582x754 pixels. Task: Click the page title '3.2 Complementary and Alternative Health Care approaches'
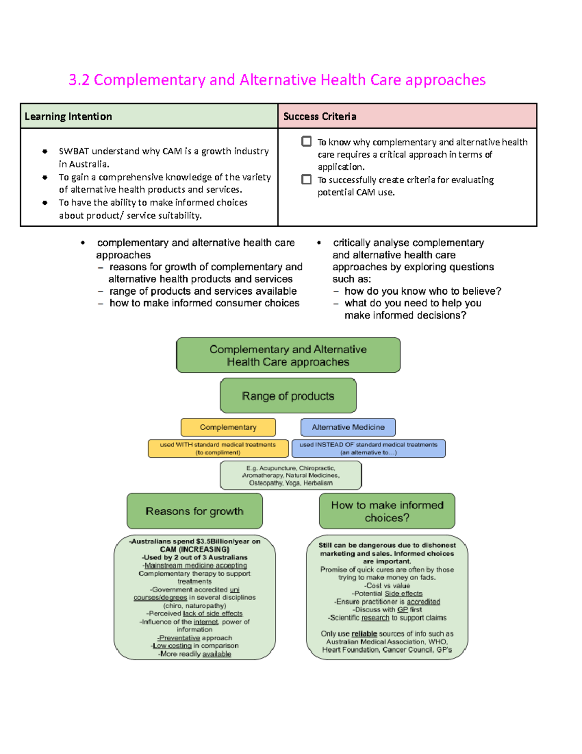(x=277, y=80)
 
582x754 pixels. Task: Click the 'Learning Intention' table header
(x=68, y=117)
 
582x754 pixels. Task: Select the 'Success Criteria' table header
(x=320, y=117)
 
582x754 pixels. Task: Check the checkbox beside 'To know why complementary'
(x=307, y=141)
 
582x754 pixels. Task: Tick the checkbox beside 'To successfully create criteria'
(x=307, y=180)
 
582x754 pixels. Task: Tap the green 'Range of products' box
(x=288, y=396)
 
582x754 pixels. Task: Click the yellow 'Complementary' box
(x=228, y=427)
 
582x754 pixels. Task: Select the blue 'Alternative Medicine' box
(x=348, y=427)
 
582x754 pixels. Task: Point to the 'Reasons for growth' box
(x=194, y=511)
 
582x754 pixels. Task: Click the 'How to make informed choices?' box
(x=387, y=511)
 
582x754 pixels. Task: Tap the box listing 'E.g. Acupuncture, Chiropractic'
(x=291, y=475)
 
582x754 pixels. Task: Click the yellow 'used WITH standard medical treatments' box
(x=218, y=449)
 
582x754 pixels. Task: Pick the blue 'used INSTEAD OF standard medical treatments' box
(x=368, y=449)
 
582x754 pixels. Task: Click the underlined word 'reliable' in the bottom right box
(x=364, y=634)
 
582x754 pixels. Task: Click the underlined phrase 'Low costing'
(x=172, y=646)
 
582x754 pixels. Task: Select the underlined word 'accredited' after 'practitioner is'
(x=423, y=602)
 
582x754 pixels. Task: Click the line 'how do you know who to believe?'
(x=422, y=291)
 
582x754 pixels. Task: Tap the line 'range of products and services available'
(x=203, y=291)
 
